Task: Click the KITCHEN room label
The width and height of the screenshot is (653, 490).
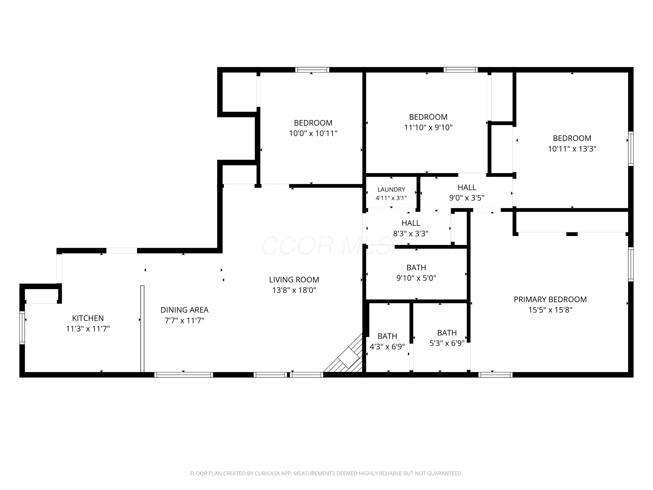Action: (x=88, y=318)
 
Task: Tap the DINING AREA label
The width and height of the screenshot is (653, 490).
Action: (x=185, y=310)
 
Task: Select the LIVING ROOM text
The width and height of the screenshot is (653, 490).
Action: (x=294, y=279)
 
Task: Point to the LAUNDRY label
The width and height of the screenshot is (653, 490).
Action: (x=391, y=189)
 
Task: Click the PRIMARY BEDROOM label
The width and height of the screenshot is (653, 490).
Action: (x=550, y=299)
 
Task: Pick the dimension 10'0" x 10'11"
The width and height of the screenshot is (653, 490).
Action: (x=313, y=133)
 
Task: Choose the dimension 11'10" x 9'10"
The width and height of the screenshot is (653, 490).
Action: (x=428, y=128)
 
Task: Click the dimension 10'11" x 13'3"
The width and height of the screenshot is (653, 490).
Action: (x=572, y=149)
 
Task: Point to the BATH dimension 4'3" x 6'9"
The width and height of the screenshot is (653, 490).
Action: (x=387, y=347)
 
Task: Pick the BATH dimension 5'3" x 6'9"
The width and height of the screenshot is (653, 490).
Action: (x=447, y=343)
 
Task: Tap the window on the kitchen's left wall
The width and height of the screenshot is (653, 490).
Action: (x=22, y=328)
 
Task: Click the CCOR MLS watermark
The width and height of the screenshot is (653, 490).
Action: (x=326, y=246)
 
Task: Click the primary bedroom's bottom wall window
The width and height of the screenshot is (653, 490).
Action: (x=495, y=375)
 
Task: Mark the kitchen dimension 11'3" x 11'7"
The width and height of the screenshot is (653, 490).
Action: (x=88, y=329)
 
